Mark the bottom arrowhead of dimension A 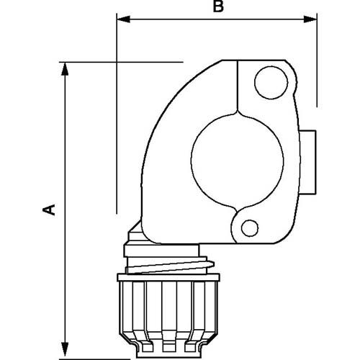click(x=66, y=347)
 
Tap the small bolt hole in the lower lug click(x=250, y=228)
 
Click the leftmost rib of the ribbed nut click(x=127, y=313)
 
